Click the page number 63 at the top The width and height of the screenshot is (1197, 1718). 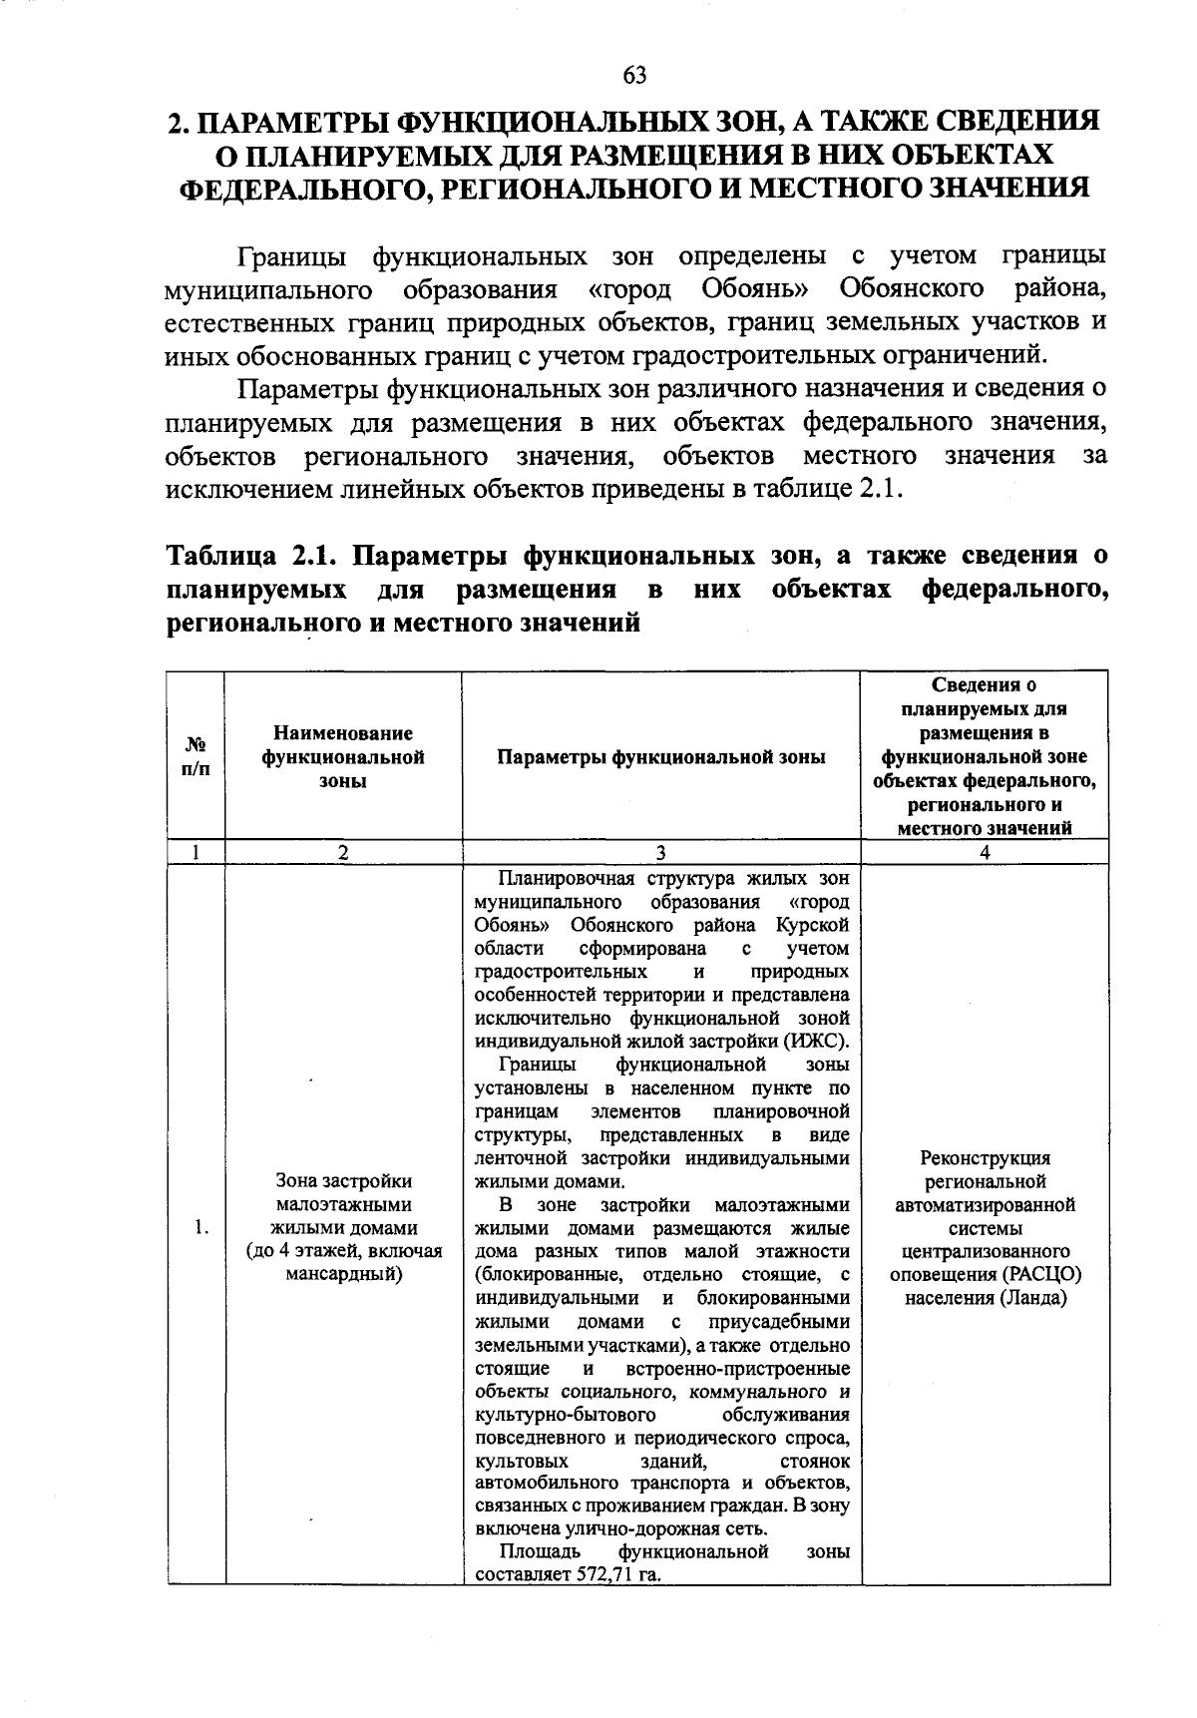(634, 75)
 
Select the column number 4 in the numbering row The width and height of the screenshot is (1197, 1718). (985, 852)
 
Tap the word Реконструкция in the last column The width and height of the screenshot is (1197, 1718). (985, 1158)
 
